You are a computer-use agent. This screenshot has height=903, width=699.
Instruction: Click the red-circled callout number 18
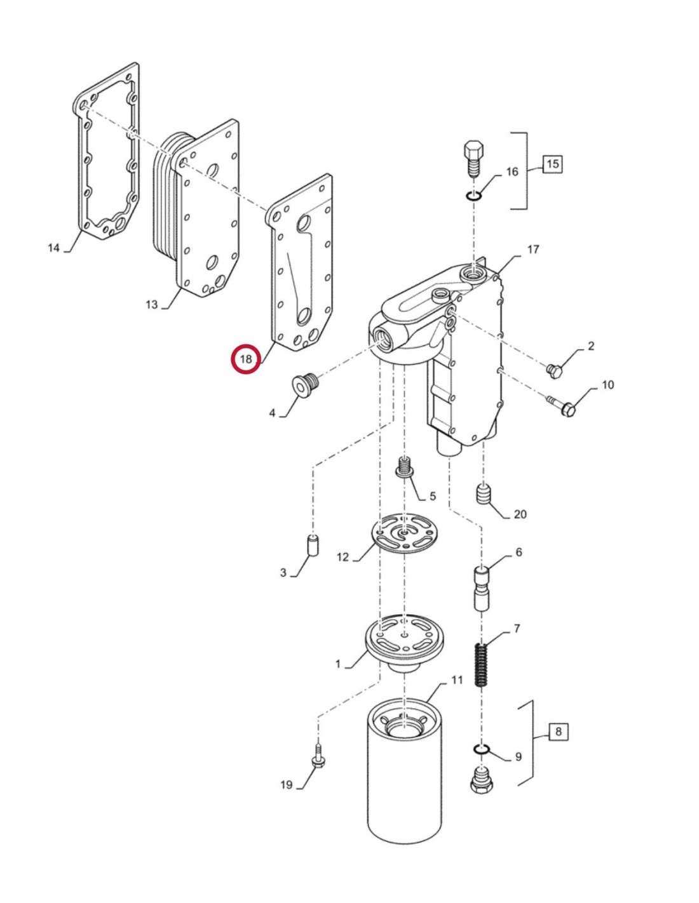tap(246, 359)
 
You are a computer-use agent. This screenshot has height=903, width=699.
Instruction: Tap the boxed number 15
tap(552, 164)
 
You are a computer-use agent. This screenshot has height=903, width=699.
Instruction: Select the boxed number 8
tap(558, 732)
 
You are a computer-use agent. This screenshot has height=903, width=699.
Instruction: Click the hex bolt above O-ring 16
tap(474, 159)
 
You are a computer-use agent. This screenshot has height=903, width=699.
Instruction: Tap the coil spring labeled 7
tap(483, 664)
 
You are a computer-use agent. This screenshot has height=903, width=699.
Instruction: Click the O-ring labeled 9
tap(482, 751)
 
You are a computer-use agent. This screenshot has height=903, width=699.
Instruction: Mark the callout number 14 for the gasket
tap(54, 248)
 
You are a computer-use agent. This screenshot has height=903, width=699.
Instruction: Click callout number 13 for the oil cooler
tap(151, 304)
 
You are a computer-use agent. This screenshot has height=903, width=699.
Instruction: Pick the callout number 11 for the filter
tap(457, 680)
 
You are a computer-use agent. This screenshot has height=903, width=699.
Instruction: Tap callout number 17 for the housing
tap(533, 250)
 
